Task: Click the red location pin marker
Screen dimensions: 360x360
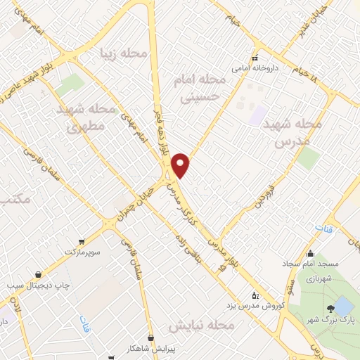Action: [181, 165]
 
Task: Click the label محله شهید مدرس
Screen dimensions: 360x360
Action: [292, 132]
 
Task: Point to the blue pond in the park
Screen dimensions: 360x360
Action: [343, 306]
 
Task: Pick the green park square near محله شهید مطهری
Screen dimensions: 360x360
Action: [70, 85]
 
